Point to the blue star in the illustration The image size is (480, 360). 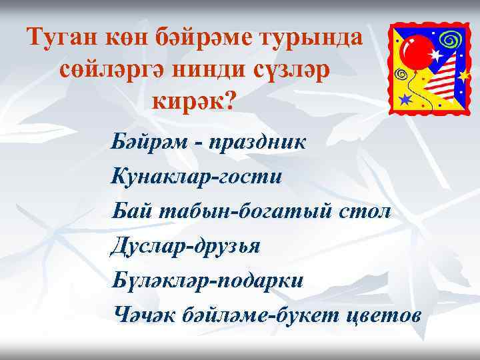[405, 99]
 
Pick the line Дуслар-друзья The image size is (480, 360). [187, 245]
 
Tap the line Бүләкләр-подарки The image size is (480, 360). [207, 279]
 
